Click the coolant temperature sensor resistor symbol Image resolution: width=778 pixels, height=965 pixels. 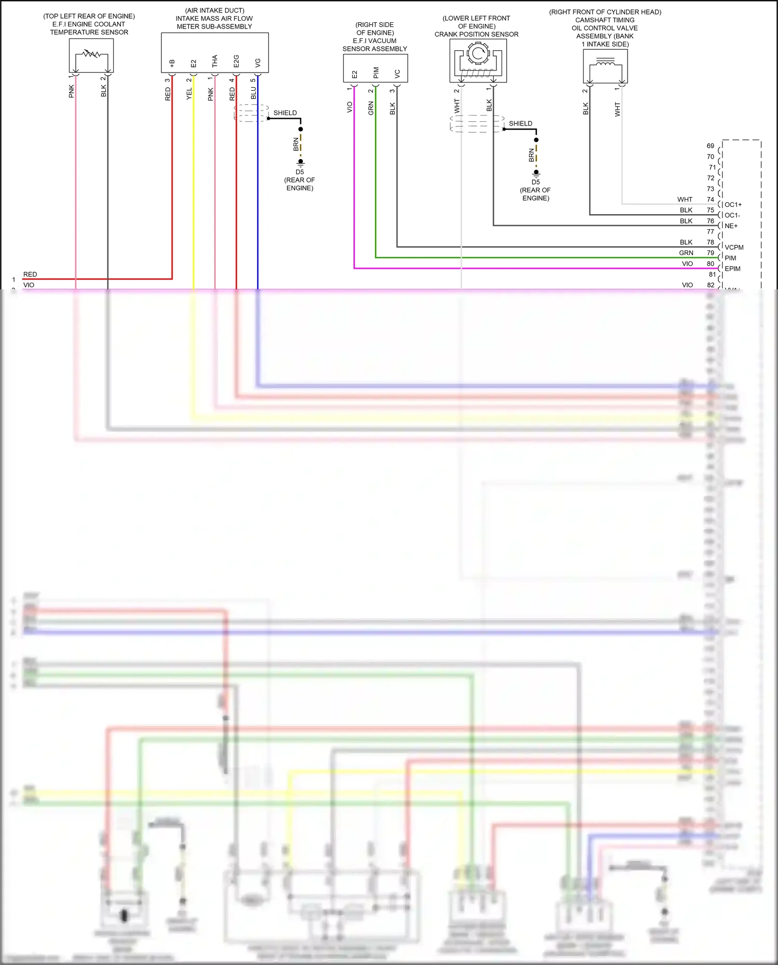pos(91,54)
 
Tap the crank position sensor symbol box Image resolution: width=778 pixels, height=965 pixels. pos(478,60)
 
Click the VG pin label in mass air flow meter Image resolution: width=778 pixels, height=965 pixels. pos(258,63)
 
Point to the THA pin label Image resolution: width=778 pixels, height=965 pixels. pos(215,61)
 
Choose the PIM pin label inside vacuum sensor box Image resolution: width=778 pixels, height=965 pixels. pos(376,73)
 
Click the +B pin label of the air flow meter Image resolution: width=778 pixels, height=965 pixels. pos(172,63)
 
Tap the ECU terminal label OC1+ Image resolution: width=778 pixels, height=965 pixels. pos(733,205)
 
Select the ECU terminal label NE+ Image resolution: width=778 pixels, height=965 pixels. pos(731,226)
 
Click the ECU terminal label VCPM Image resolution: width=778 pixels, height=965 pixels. pos(734,247)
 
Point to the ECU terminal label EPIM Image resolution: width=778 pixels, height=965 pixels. pos(732,269)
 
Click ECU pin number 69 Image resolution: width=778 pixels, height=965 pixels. pos(710,146)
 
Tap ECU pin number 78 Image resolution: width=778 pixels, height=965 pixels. pos(710,242)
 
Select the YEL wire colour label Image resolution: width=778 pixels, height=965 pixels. pos(189,93)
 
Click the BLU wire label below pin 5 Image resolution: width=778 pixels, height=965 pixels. pos(254,93)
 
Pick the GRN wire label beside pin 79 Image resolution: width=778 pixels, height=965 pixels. pos(686,253)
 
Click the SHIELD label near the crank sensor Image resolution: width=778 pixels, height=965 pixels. pos(520,123)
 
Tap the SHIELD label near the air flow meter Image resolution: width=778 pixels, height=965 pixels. pos(285,113)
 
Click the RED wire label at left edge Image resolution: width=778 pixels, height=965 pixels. pos(30,274)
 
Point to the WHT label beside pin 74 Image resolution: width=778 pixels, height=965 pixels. pos(685,200)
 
